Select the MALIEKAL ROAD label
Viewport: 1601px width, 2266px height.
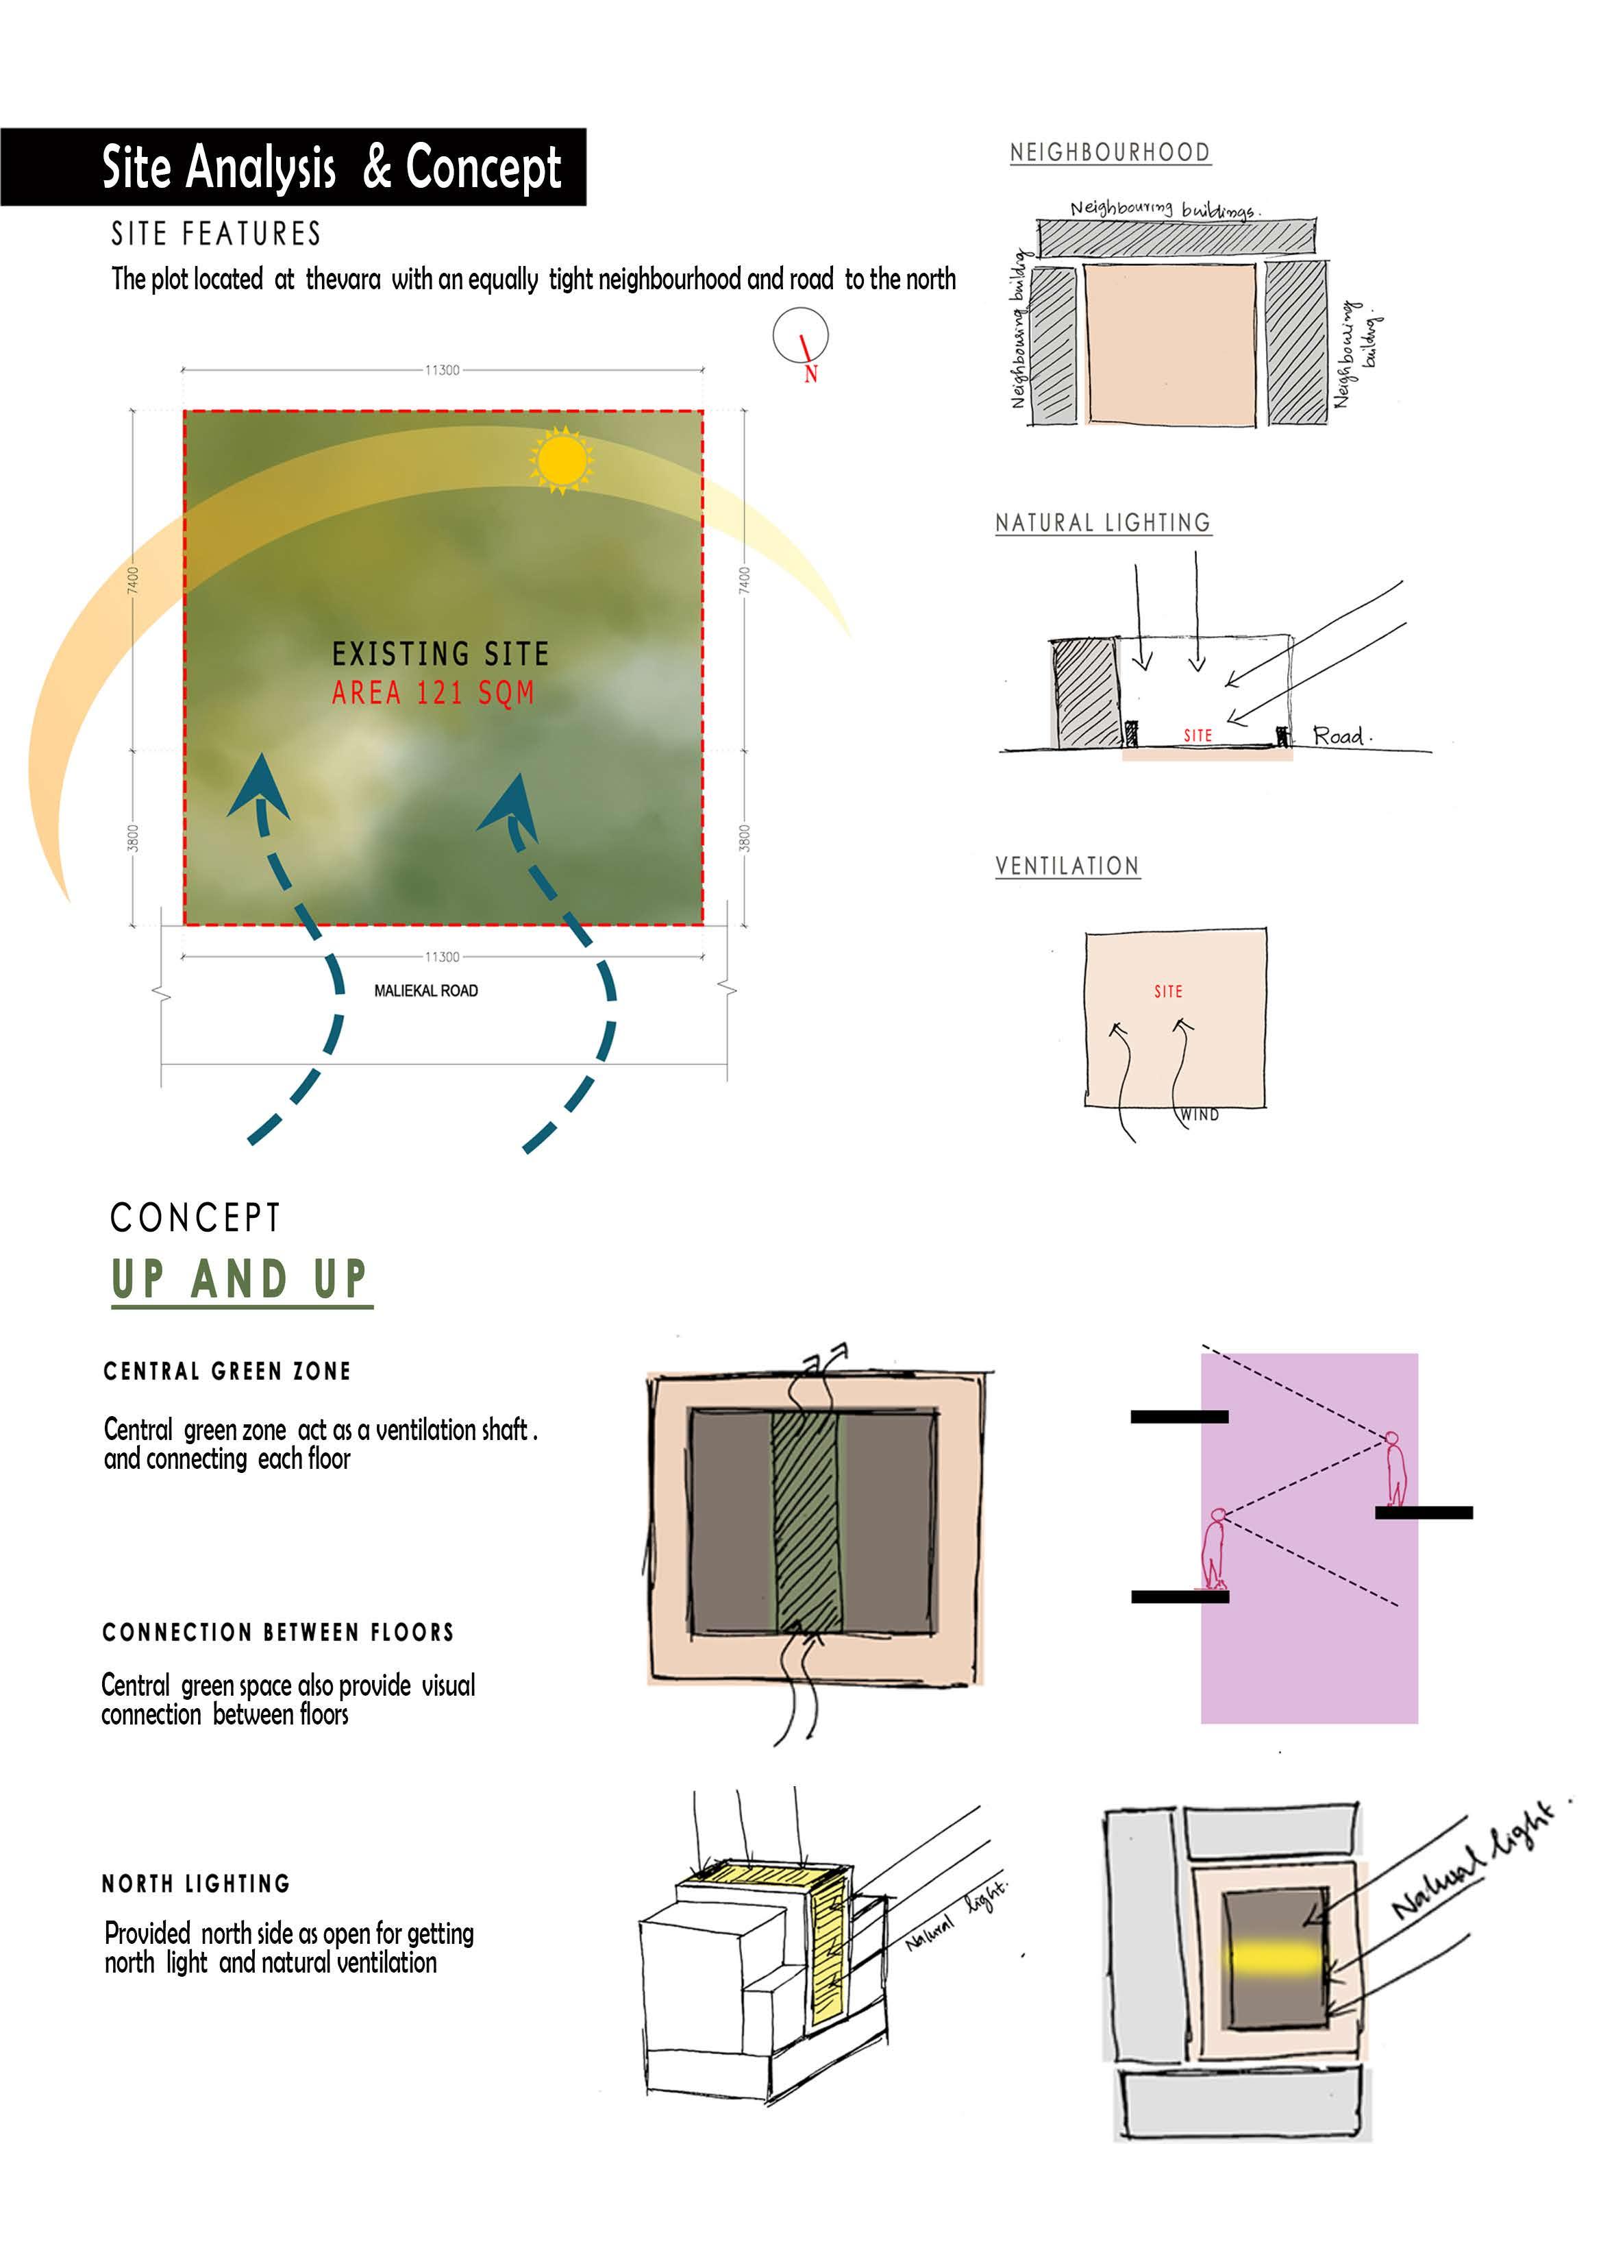point(425,990)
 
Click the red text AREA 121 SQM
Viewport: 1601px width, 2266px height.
point(432,693)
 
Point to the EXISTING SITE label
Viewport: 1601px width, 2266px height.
point(440,653)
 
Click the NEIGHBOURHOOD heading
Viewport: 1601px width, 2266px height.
point(1110,152)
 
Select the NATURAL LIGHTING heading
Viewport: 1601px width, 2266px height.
point(1103,522)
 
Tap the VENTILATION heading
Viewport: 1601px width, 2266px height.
point(1067,866)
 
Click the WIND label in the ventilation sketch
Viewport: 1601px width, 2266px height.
point(1200,1114)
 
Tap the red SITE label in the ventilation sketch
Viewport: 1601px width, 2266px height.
point(1168,991)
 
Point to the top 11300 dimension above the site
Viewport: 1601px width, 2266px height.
point(442,370)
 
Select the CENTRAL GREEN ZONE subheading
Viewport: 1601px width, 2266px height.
point(227,1371)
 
